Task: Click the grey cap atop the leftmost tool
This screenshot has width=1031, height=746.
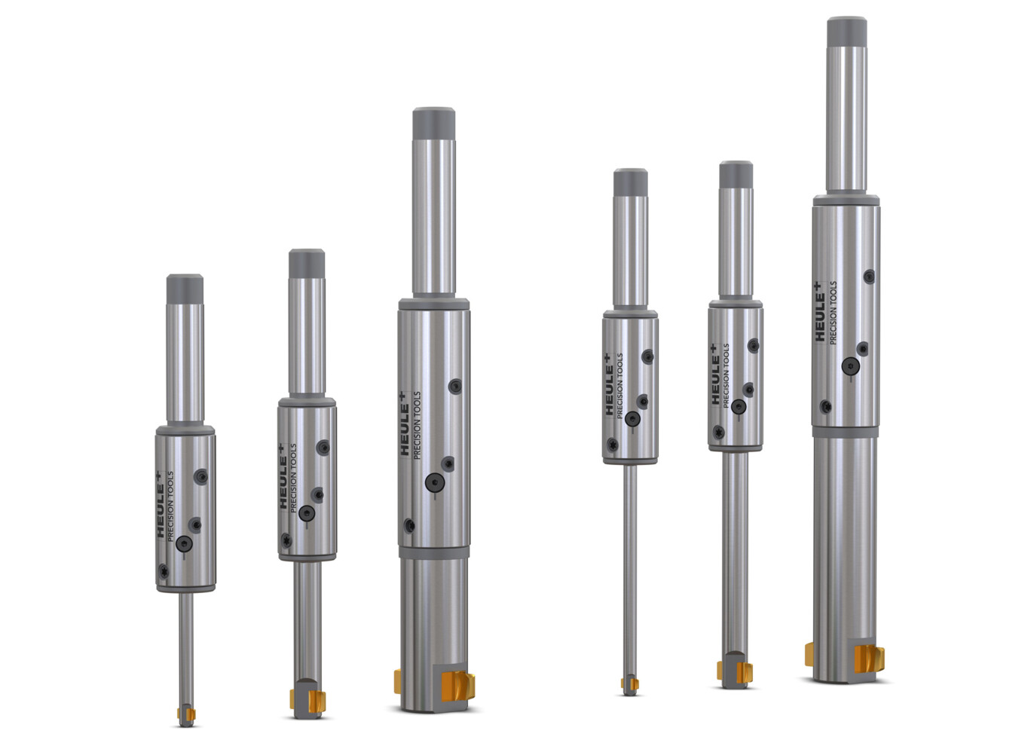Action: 185,289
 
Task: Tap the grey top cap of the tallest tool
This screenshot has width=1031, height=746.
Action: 847,32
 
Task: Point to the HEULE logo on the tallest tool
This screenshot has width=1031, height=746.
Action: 820,311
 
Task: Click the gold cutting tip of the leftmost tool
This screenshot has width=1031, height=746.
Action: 186,714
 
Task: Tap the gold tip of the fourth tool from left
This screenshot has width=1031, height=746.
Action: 629,684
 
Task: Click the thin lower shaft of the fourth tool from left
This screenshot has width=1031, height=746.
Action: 629,570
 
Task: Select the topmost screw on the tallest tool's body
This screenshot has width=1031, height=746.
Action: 868,276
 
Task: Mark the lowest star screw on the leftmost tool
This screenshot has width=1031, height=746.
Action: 164,572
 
